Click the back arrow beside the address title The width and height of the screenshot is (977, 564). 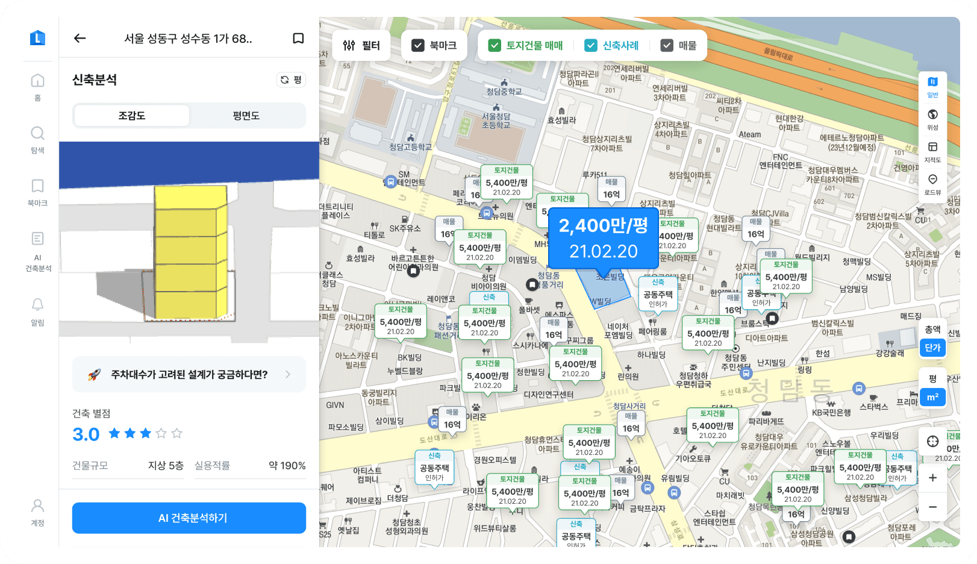pos(80,39)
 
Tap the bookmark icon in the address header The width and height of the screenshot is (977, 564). pos(298,39)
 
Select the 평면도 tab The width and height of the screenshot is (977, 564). pos(246,116)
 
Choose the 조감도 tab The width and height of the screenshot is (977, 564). pos(132,116)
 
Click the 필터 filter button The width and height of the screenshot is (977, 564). pos(361,45)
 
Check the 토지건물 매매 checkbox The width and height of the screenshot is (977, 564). pos(495,45)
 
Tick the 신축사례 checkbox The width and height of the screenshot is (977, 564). pos(591,45)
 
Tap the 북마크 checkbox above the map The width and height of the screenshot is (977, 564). pos(418,45)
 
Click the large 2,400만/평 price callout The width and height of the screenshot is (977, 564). pos(603,238)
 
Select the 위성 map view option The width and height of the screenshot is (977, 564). pos(932,119)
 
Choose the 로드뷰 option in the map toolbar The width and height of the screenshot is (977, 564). pos(932,184)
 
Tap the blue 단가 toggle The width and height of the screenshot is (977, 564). pos(932,348)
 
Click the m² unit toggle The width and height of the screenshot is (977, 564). pos(932,397)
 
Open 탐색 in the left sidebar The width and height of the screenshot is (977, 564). pos(37,139)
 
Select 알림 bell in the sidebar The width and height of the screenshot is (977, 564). pos(37,310)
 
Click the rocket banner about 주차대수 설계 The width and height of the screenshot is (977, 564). pos(189,375)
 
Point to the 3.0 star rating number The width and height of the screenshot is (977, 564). pos(86,434)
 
